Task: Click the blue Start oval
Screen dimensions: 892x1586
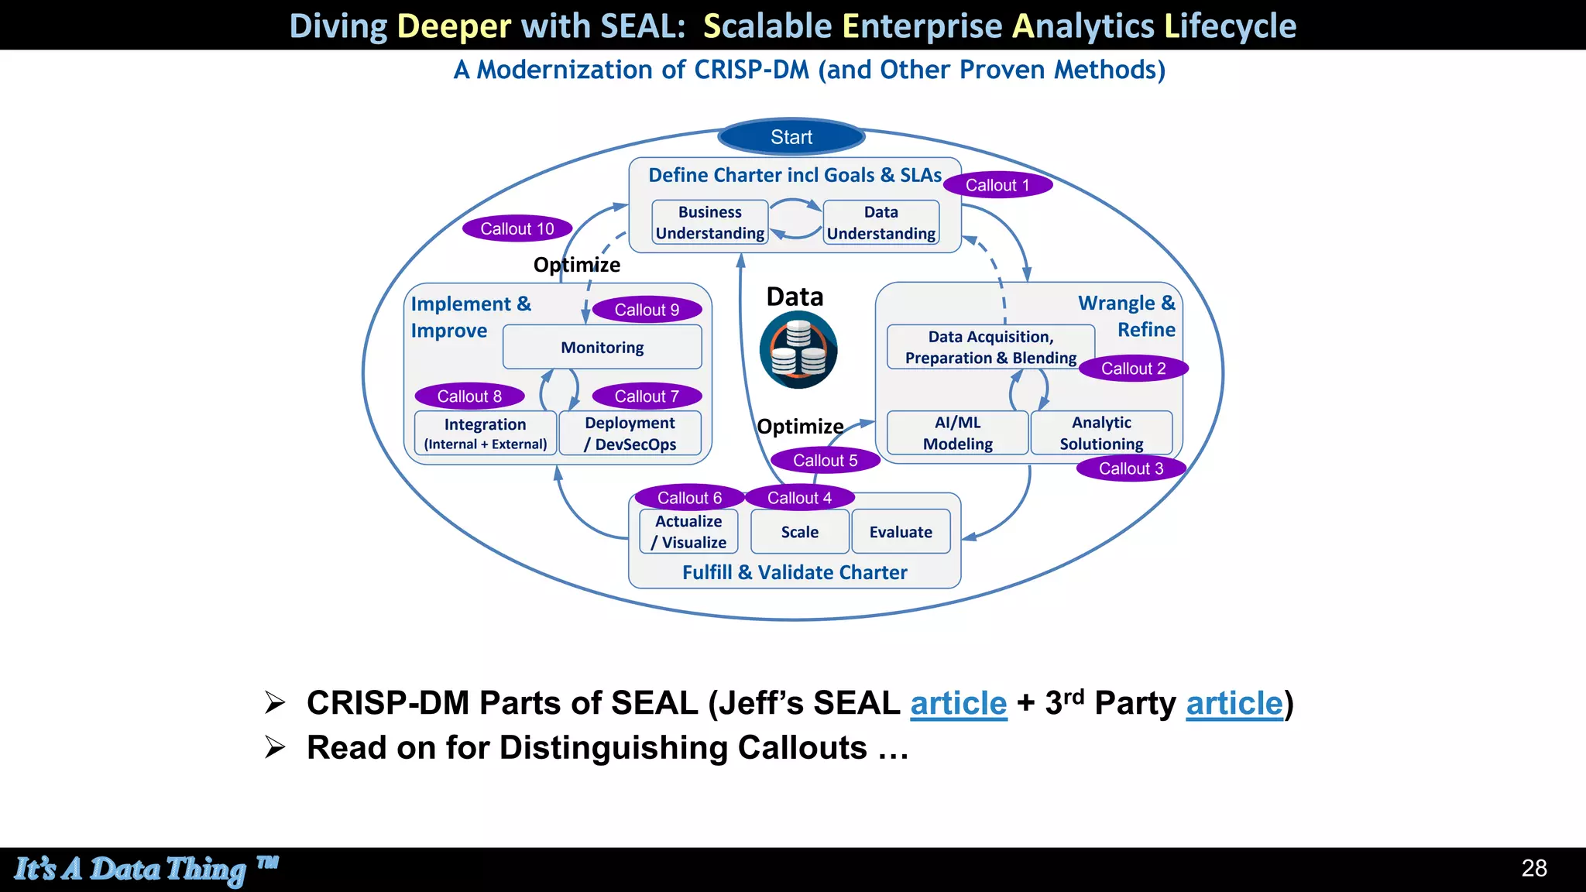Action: point(791,137)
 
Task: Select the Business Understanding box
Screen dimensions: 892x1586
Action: point(709,222)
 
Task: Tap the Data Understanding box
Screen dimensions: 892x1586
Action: point(881,222)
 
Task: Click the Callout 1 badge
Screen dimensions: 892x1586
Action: point(997,185)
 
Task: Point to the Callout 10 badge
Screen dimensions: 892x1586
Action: point(517,228)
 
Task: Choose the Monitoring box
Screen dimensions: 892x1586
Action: point(602,347)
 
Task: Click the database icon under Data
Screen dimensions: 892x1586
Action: point(798,350)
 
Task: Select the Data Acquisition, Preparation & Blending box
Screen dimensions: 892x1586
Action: point(990,347)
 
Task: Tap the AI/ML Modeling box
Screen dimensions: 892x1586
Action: point(957,433)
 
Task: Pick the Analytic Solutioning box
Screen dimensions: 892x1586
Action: point(1101,433)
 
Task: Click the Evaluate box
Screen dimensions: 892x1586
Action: point(901,532)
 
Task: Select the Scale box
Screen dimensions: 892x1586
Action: point(799,532)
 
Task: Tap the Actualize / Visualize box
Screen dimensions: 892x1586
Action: point(688,532)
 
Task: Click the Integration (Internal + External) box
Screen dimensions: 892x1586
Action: point(485,434)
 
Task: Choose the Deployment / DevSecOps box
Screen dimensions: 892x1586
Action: point(630,434)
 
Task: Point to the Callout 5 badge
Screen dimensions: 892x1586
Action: point(825,461)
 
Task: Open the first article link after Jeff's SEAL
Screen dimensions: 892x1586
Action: point(958,703)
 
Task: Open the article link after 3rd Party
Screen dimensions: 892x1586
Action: point(1234,703)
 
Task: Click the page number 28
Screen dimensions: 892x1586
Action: point(1533,868)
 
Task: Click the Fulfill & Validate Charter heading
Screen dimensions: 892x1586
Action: point(795,572)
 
